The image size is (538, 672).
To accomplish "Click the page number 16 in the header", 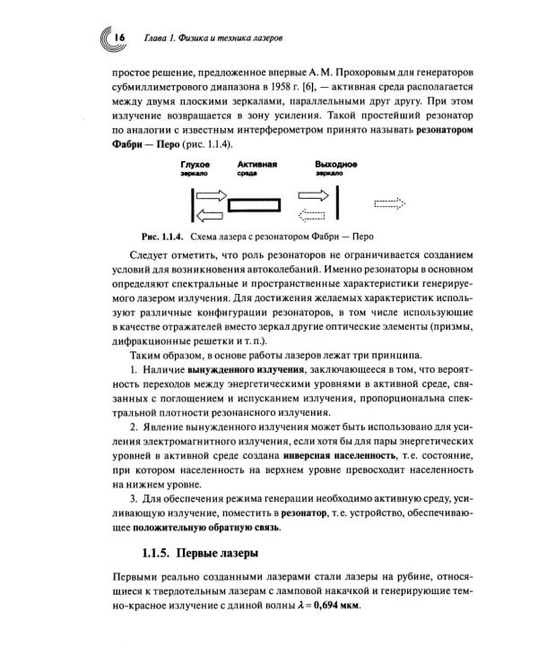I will [x=117, y=38].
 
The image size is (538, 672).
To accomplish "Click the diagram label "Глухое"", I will [x=195, y=166].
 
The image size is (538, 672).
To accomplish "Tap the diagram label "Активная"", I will [x=256, y=166].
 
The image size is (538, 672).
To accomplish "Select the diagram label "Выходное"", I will [x=336, y=166].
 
